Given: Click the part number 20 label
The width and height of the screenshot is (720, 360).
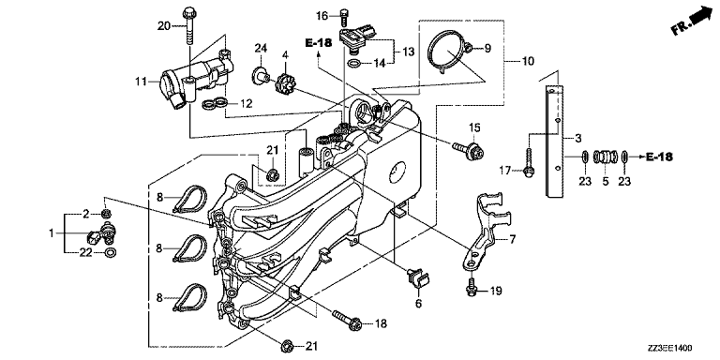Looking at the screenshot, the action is [163, 26].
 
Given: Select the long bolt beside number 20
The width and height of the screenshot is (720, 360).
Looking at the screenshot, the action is [189, 26].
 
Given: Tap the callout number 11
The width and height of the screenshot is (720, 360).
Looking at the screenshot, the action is [141, 82].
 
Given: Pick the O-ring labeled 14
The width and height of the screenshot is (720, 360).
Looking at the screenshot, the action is [354, 63].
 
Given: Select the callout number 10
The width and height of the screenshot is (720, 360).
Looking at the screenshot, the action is [528, 61].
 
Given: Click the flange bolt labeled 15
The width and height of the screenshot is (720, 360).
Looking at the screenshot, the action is [467, 150].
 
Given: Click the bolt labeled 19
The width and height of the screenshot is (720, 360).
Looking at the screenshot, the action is [472, 286].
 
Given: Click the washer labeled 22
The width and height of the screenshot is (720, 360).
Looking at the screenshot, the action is [111, 252].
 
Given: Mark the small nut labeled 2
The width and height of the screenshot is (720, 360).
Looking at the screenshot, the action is [107, 213].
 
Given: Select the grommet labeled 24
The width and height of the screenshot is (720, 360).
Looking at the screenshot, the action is [261, 76].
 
